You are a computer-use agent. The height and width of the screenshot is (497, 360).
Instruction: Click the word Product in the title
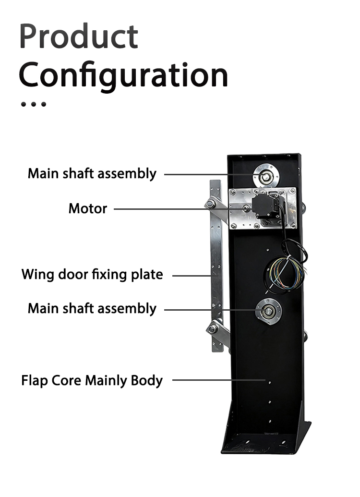tap(79, 36)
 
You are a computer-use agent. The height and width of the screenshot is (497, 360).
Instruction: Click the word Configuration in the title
tap(123, 76)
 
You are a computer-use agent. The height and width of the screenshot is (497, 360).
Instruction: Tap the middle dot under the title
tap(33, 104)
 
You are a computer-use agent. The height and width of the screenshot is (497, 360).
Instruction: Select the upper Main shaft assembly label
tap(92, 174)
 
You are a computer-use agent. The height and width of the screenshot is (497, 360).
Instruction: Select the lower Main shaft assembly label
tap(92, 309)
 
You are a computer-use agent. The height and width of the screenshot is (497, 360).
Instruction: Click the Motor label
tap(88, 208)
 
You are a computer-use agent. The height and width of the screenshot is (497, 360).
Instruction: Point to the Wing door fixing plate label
tap(92, 275)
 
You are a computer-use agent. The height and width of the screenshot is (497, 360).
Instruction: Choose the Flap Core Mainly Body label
tap(92, 380)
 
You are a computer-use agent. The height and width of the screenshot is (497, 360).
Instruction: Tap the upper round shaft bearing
tap(266, 176)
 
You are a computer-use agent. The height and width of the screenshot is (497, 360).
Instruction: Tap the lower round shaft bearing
tap(268, 311)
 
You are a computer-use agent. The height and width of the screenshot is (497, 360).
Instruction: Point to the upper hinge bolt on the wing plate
tap(210, 204)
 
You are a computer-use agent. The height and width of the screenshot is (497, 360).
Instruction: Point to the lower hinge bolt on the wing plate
tap(213, 329)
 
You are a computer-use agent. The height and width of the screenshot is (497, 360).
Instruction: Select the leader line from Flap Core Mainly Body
tap(219, 380)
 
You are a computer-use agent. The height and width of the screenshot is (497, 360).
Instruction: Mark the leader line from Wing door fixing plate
tap(192, 276)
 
